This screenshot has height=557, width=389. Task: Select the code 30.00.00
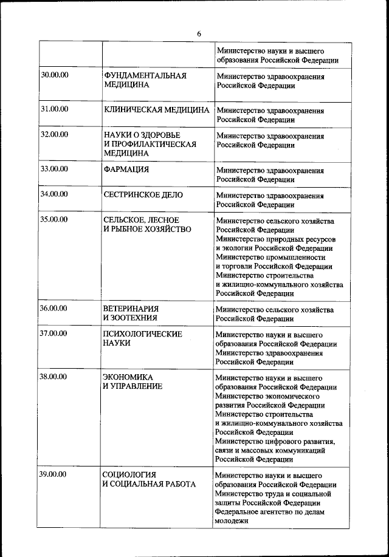tap(54, 75)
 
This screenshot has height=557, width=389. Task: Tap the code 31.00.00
tap(54, 109)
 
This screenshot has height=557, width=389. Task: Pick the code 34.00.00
tap(54, 194)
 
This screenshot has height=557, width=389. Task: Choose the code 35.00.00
tap(54, 219)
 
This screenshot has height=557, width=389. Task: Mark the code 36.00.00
tap(54, 308)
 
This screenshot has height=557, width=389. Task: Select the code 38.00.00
tap(54, 377)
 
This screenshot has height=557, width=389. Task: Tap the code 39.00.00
tap(54, 474)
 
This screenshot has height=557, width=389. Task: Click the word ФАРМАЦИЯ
tap(126, 169)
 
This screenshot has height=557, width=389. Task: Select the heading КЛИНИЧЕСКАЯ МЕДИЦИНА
tap(157, 110)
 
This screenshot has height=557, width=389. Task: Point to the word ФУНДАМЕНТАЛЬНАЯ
tap(145, 75)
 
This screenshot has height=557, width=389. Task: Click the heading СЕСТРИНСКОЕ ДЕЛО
tap(143, 195)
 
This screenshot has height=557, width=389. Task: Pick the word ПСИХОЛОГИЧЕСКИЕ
tap(143, 333)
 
